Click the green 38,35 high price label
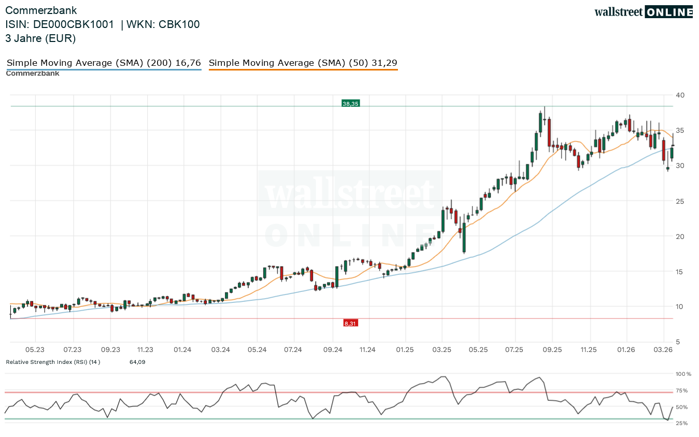tap(350, 104)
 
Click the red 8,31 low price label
tap(350, 323)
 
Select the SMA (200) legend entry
tap(104, 63)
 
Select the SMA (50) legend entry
tap(303, 63)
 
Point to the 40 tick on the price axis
tap(680, 95)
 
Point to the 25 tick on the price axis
tap(680, 201)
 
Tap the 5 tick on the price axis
tap(678, 342)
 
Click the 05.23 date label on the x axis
tap(35, 350)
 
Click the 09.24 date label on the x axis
tap(332, 350)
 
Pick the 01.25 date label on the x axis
tap(405, 350)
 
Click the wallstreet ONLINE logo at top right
tap(643, 12)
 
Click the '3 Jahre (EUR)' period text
tap(40, 38)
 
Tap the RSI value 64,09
tap(137, 362)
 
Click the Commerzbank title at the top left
tap(41, 10)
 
